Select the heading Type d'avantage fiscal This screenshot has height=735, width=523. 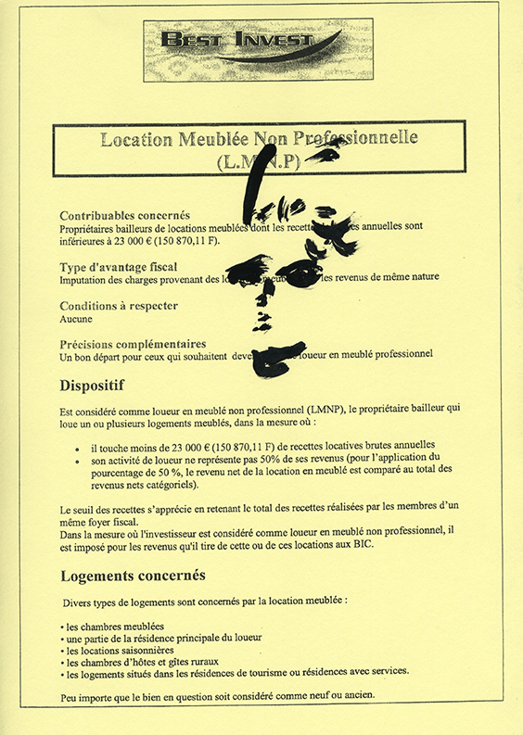click(120, 267)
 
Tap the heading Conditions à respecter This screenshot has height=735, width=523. click(119, 306)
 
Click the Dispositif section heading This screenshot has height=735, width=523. click(93, 384)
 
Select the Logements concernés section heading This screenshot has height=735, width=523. click(133, 575)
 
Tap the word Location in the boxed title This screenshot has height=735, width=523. click(136, 140)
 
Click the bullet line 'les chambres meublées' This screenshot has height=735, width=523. click(111, 626)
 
